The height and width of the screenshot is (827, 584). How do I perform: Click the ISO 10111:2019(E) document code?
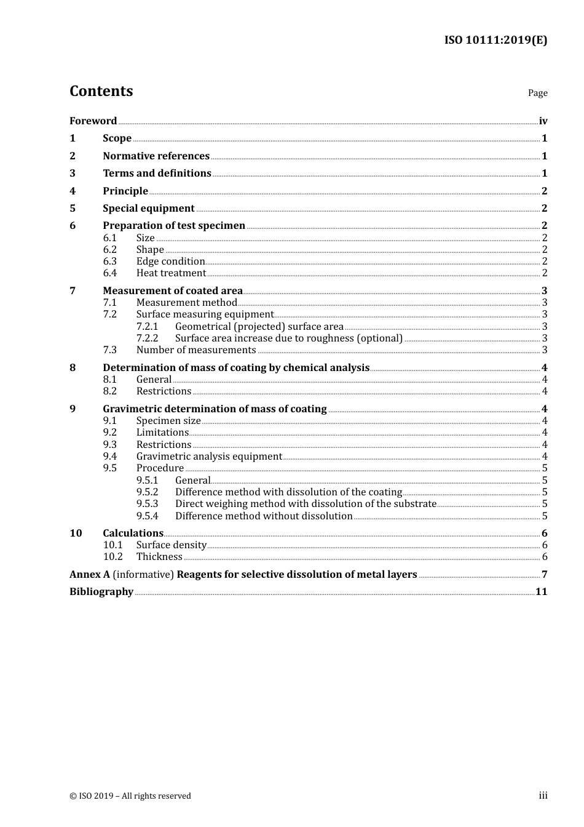coord(495,41)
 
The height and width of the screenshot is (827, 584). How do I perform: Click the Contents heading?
coord(101,91)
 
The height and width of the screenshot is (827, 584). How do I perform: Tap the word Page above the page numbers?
coord(537,93)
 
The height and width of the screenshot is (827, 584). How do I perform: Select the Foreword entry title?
coord(93,121)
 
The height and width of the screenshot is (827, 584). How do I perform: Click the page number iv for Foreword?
coord(543,121)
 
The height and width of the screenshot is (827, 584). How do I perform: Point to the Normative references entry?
coord(156,156)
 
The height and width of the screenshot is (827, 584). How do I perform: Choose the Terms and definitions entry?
coord(157,174)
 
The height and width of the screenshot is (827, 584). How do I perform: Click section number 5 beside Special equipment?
coord(73,209)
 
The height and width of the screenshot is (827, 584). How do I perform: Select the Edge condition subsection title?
coord(170,262)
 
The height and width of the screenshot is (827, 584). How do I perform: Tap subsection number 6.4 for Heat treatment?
coord(110,273)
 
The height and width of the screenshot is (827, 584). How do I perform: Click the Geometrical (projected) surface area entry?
coord(259,327)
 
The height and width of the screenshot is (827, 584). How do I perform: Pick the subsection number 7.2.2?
coord(148,338)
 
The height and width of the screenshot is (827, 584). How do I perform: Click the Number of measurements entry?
coord(196,350)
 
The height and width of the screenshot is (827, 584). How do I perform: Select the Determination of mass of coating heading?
coord(236,368)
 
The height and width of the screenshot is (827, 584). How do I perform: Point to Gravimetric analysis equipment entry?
coord(209,457)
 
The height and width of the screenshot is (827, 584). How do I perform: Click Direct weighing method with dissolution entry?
coord(306,504)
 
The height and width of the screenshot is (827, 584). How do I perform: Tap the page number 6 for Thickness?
coord(545,557)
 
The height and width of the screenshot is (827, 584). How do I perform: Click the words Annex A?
coord(90,575)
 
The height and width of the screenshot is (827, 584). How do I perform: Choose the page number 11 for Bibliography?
coord(541,592)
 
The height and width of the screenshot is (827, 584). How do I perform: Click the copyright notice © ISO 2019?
coord(130,796)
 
